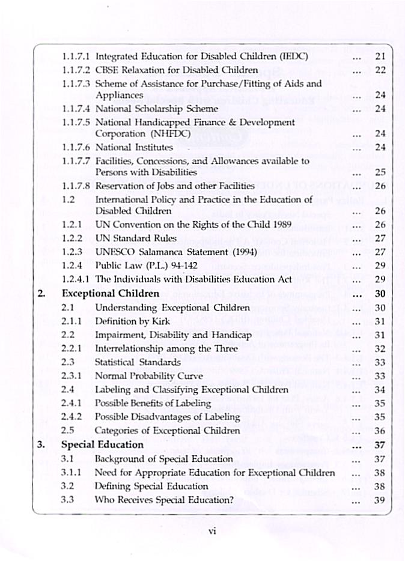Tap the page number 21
coord(380,57)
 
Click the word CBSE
coord(108,70)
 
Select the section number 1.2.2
coord(72,237)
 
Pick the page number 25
coord(380,172)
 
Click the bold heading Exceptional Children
coord(111,294)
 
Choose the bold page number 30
coord(380,294)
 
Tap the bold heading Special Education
coord(102,445)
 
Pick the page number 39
coord(380,499)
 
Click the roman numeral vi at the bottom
coord(212,531)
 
